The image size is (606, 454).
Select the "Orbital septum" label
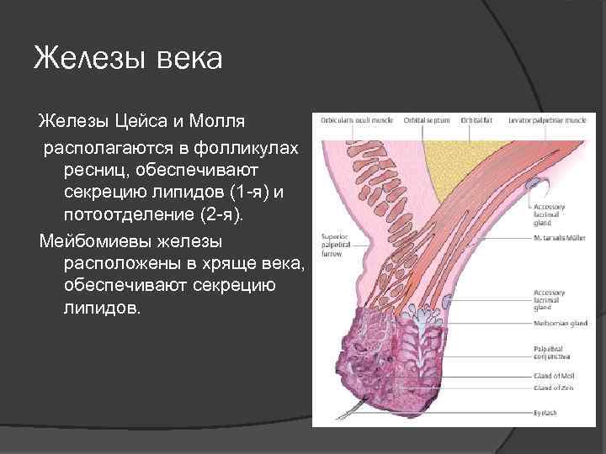(x=426, y=121)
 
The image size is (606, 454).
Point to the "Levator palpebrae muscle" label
(x=547, y=121)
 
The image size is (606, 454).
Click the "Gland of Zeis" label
(x=554, y=388)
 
